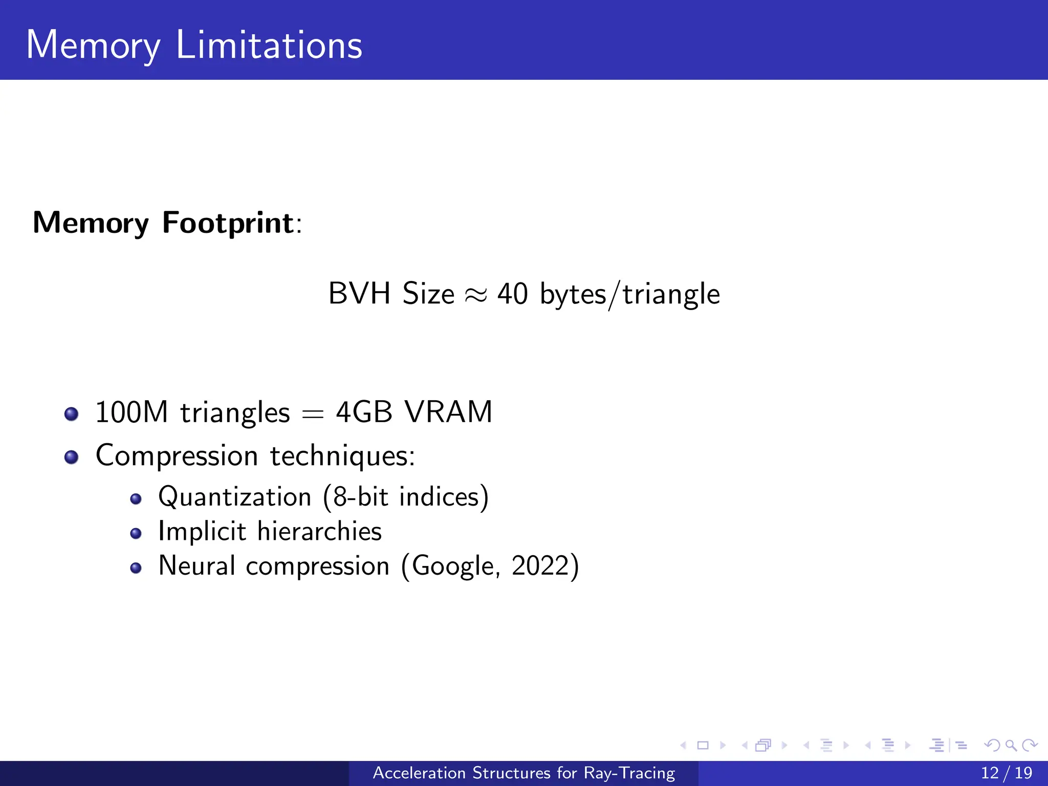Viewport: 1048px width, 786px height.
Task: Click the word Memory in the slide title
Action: coord(93,46)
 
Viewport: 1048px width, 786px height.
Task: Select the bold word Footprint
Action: coord(228,223)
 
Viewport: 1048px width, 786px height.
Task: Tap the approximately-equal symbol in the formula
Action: coord(475,295)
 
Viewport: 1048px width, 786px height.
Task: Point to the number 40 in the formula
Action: coord(512,294)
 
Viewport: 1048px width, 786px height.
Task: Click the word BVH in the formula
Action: coord(359,294)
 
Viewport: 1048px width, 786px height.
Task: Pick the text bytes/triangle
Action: coord(630,295)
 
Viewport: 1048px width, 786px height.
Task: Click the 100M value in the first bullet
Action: coord(132,412)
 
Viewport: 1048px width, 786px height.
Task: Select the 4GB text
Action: coord(364,412)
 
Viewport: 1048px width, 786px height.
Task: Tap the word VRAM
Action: coord(448,412)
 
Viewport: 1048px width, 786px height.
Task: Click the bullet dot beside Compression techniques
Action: coord(72,456)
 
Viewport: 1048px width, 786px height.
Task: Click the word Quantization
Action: coord(235,497)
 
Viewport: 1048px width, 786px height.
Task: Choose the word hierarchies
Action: coord(319,531)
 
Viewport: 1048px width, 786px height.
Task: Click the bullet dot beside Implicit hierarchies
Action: coord(136,534)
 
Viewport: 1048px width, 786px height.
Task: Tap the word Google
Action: coord(453,566)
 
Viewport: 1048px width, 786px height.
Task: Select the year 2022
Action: coord(540,566)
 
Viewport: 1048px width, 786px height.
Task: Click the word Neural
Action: coord(197,566)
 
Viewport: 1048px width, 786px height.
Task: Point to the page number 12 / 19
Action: coord(1006,773)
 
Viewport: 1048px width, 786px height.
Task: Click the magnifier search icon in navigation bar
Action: coord(1011,746)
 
